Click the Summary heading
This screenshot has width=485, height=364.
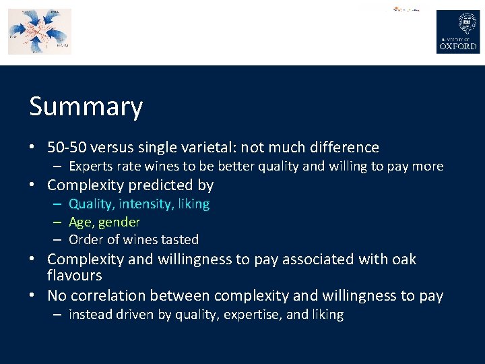point(86,107)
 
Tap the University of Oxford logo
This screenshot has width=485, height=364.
point(458,32)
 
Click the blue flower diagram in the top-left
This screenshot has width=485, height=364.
point(39,31)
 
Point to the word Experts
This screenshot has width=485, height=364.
point(91,166)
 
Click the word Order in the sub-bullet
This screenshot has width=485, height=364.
point(85,239)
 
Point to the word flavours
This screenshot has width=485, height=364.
point(75,275)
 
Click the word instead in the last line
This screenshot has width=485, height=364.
point(90,315)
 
